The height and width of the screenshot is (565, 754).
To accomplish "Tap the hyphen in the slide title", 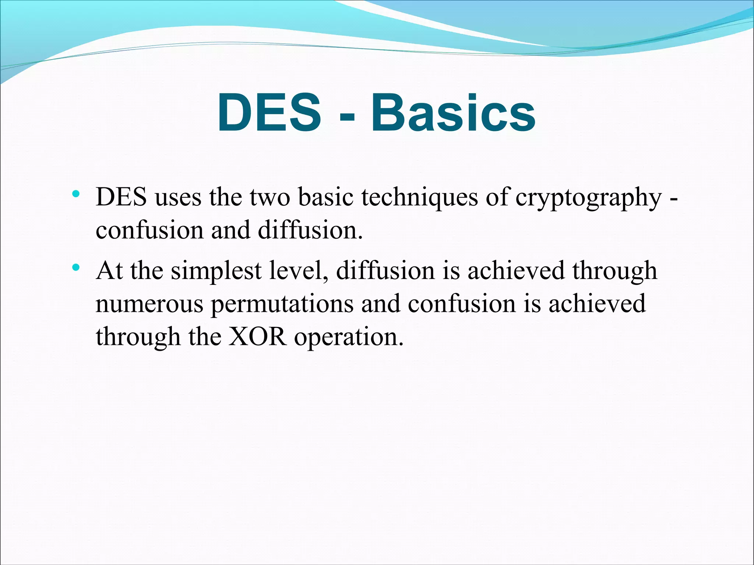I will (x=346, y=117).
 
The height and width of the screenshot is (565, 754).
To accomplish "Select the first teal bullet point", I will (x=76, y=194).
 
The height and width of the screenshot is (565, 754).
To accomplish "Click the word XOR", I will (x=257, y=336).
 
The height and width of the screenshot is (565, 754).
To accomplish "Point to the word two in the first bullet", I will (x=270, y=198).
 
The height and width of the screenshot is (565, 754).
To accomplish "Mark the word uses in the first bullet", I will (x=178, y=198).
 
